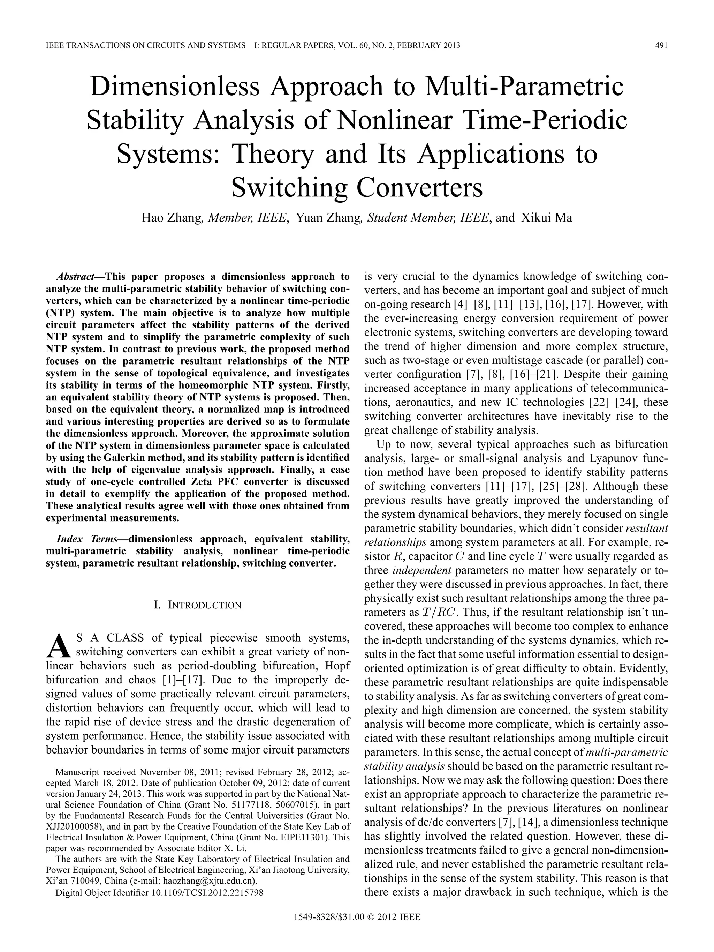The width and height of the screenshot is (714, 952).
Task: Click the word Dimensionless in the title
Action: point(175,86)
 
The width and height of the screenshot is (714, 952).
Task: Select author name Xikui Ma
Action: point(546,218)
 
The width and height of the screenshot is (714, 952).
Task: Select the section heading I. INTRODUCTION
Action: point(197,605)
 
